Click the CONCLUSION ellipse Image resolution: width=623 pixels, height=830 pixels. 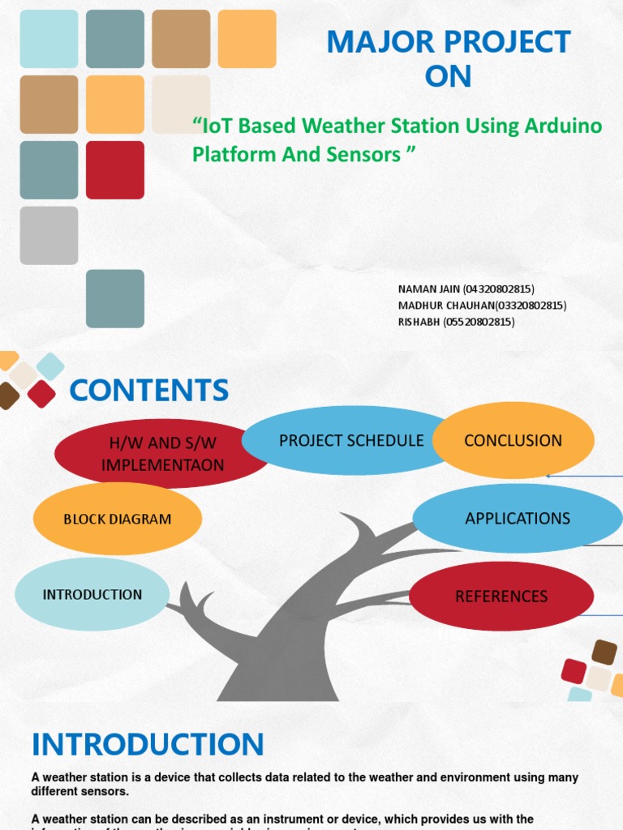[x=513, y=440]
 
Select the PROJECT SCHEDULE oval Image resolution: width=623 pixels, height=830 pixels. [x=350, y=440]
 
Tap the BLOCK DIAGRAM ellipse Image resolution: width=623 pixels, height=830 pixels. [x=118, y=519]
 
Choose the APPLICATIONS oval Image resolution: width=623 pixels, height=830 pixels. [x=518, y=518]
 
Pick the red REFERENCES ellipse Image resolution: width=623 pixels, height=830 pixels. [x=501, y=597]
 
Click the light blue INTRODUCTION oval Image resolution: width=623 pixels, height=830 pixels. [x=92, y=594]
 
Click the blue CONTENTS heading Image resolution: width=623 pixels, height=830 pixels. [x=148, y=391]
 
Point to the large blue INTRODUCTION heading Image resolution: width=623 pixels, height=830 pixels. [x=148, y=744]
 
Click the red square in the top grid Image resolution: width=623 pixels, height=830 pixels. [x=115, y=170]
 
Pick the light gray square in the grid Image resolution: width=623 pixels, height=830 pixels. [x=49, y=235]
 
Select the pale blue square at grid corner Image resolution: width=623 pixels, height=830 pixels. [x=49, y=39]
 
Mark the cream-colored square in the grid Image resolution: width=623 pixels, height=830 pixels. [x=180, y=104]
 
